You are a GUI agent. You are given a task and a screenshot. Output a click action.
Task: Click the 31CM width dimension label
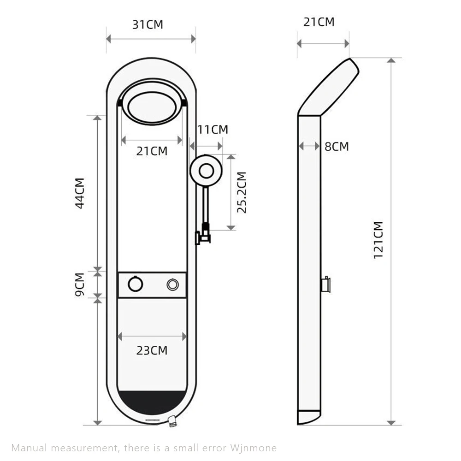click(148, 24)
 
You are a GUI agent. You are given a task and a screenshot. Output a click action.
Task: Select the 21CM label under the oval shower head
click(152, 151)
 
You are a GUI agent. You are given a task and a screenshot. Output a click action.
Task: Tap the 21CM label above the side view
click(319, 22)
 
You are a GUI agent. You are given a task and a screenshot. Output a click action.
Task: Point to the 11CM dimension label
click(213, 130)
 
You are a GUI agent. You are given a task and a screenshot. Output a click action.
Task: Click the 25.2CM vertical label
click(242, 192)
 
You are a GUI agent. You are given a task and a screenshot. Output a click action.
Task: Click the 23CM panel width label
click(152, 350)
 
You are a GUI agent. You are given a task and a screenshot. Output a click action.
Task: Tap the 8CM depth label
click(337, 147)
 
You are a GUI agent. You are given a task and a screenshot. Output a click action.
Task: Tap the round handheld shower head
click(206, 170)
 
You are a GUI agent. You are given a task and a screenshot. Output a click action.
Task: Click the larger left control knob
click(136, 284)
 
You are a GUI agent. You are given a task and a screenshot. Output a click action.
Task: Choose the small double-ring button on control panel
click(173, 284)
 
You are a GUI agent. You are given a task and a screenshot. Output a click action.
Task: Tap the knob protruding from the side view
click(325, 284)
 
